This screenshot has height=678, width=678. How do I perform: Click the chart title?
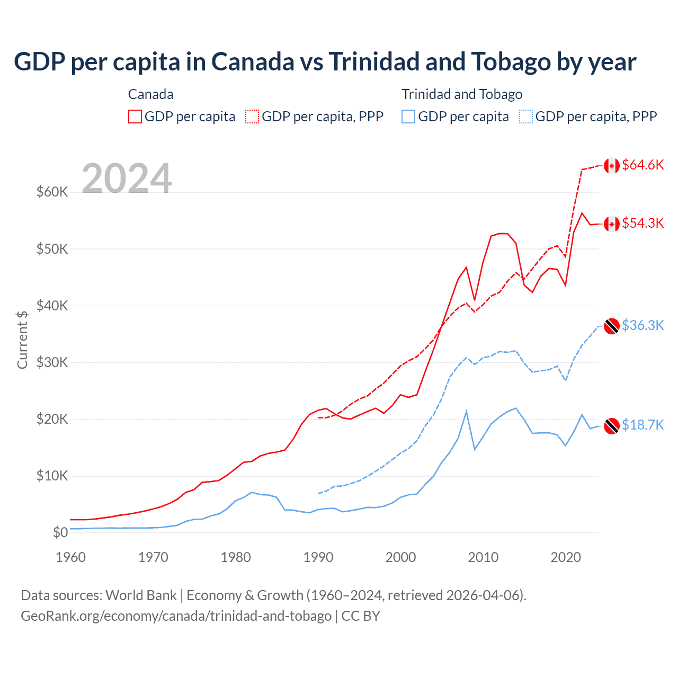[x=325, y=62]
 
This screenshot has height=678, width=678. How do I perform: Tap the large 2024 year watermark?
[x=127, y=179]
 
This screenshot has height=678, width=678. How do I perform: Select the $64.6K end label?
[x=643, y=165]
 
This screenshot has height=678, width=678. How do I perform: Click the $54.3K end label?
[x=643, y=223]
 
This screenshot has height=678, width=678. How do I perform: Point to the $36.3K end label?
[x=643, y=325]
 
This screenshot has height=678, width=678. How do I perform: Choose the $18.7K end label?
[x=643, y=425]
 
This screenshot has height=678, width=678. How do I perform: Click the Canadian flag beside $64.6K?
[x=612, y=166]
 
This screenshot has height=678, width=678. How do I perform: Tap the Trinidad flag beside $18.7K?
[x=612, y=426]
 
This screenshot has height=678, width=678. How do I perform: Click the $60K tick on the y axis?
[x=52, y=192]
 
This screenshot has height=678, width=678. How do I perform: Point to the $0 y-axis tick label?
[x=60, y=532]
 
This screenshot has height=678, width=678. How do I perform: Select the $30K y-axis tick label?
[x=52, y=362]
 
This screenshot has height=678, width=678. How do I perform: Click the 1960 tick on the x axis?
[x=70, y=557]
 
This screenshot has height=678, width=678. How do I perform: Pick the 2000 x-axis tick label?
[x=400, y=557]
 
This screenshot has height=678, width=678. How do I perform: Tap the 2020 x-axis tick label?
[x=566, y=557]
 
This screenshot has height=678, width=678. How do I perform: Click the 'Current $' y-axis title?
[x=22, y=340]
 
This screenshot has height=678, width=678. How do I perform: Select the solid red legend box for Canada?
[x=135, y=117]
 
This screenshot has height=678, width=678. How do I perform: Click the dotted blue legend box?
[x=526, y=117]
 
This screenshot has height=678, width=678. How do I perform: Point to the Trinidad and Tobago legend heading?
[x=462, y=94]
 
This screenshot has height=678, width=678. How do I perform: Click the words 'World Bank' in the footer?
[x=141, y=595]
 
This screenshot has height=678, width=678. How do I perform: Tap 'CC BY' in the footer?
[x=361, y=616]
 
